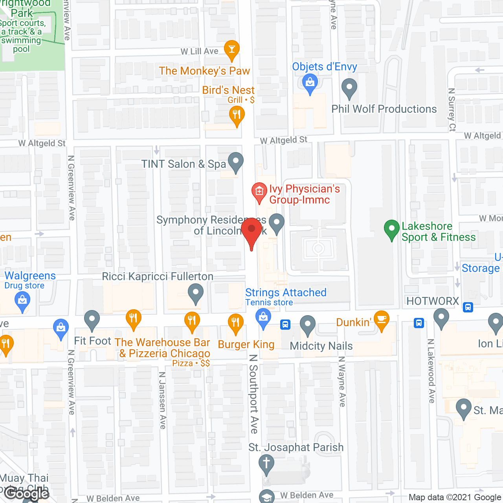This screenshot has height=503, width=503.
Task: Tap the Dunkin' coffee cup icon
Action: [x=381, y=319]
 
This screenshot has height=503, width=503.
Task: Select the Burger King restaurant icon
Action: [x=235, y=323]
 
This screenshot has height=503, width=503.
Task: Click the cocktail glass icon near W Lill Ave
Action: [x=232, y=49]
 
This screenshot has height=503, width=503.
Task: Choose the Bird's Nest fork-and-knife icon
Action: [x=237, y=115]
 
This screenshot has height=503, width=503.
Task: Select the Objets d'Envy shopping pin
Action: [x=310, y=83]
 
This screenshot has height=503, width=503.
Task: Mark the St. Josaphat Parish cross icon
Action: [x=266, y=463]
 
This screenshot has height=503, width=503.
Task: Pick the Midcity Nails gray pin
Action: [x=308, y=325]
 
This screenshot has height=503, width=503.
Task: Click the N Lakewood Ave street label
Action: [x=431, y=371]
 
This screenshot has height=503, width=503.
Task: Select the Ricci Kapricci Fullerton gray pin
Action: [x=195, y=293]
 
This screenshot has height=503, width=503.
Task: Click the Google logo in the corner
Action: [x=27, y=494]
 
